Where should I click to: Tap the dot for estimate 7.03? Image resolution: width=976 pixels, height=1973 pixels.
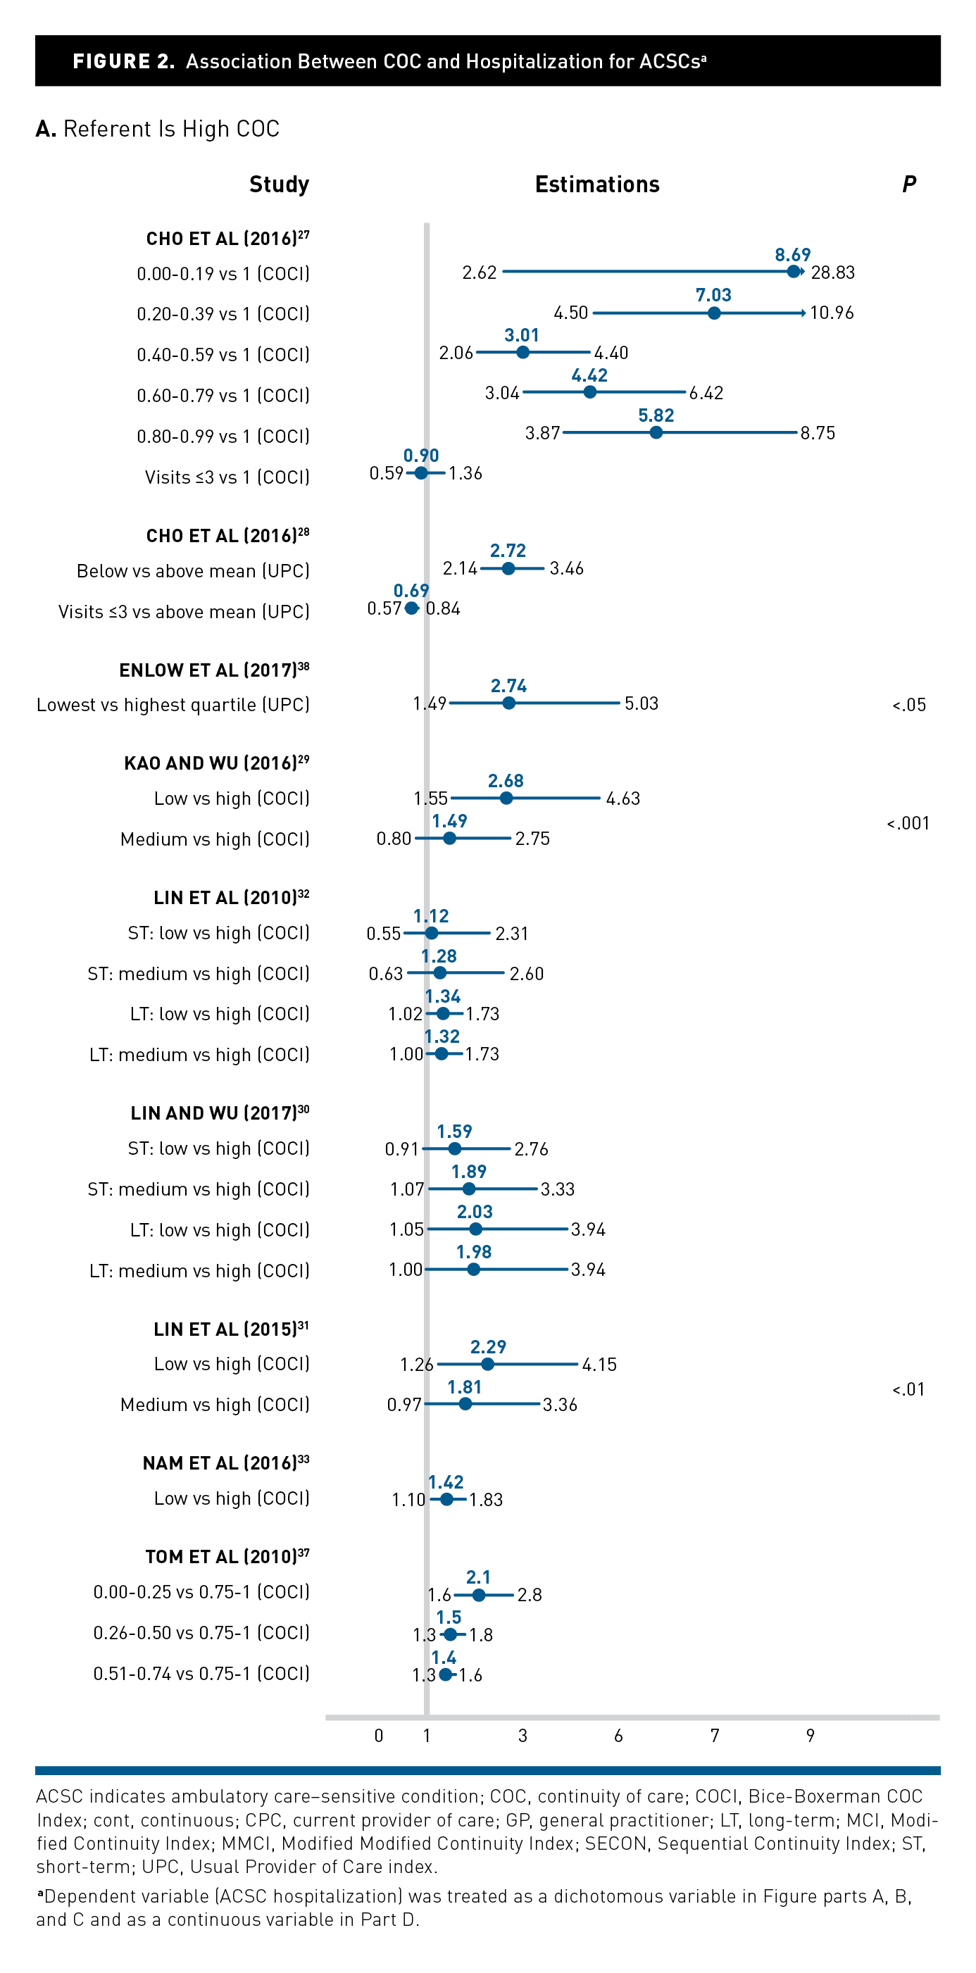tap(714, 313)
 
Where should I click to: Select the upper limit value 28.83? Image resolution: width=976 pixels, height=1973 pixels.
tap(833, 273)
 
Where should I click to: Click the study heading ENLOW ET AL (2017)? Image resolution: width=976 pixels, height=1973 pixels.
tap(214, 670)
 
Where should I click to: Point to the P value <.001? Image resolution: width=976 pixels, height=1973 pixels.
tap(908, 823)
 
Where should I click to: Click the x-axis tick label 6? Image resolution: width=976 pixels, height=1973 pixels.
tap(618, 1736)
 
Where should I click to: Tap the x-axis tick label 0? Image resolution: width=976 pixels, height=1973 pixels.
tap(378, 1736)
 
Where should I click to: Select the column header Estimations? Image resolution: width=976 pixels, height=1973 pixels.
tap(596, 184)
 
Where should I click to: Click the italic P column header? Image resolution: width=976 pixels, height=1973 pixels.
tap(908, 184)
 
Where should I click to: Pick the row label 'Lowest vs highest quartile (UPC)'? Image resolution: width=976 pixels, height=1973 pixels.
tap(173, 705)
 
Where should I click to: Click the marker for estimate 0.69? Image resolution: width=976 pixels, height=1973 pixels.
tap(411, 608)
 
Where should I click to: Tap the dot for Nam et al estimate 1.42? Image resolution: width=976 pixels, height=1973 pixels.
tap(446, 1499)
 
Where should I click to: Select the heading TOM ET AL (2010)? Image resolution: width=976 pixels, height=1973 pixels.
tap(227, 1557)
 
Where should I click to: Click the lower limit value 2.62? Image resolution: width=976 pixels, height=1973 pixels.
tap(480, 273)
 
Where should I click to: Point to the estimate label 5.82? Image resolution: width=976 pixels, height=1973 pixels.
tap(656, 415)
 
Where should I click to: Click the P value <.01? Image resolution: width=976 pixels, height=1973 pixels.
tap(908, 1389)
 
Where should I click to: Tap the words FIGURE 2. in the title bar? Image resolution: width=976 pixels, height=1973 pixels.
tap(123, 61)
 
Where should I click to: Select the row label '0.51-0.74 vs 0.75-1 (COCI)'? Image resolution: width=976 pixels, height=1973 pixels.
tap(201, 1674)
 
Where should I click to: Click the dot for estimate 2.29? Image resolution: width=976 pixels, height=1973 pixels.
tap(488, 1364)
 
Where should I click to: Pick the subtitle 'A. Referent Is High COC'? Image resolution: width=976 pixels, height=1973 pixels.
tap(158, 129)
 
